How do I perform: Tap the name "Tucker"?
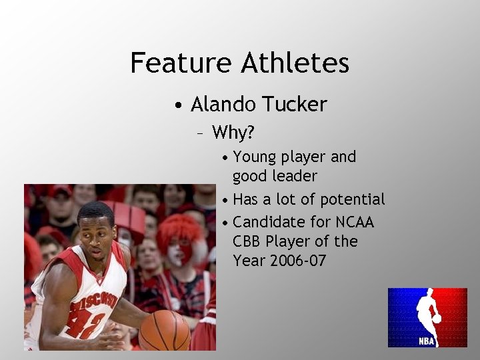[295, 104]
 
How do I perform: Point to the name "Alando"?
[224, 104]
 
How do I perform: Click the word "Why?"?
[233, 133]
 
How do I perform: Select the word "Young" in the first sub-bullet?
[255, 157]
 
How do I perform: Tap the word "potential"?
[353, 199]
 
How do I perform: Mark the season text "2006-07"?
[298, 260]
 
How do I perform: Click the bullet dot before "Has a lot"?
[227, 200]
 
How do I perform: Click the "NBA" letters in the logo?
[427, 340]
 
